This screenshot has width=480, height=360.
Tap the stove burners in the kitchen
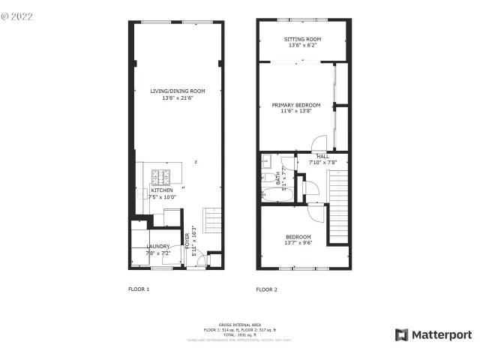tap(161, 177)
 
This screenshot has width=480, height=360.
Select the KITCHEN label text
tap(162, 190)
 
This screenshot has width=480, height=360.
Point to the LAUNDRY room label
tap(157, 246)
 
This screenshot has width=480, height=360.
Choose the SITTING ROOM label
tap(302, 39)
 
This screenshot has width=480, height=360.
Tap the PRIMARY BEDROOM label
tap(296, 105)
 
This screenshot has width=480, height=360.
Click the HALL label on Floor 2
tap(322, 156)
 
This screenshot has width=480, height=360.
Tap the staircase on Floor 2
tap(339, 206)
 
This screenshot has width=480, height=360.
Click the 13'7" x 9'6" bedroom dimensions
tap(298, 243)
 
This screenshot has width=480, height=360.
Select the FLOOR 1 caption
tap(139, 289)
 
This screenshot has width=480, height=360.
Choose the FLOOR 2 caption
tap(267, 289)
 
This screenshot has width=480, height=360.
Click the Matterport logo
tap(433, 334)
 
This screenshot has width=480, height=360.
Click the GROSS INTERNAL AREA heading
tap(240, 325)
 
